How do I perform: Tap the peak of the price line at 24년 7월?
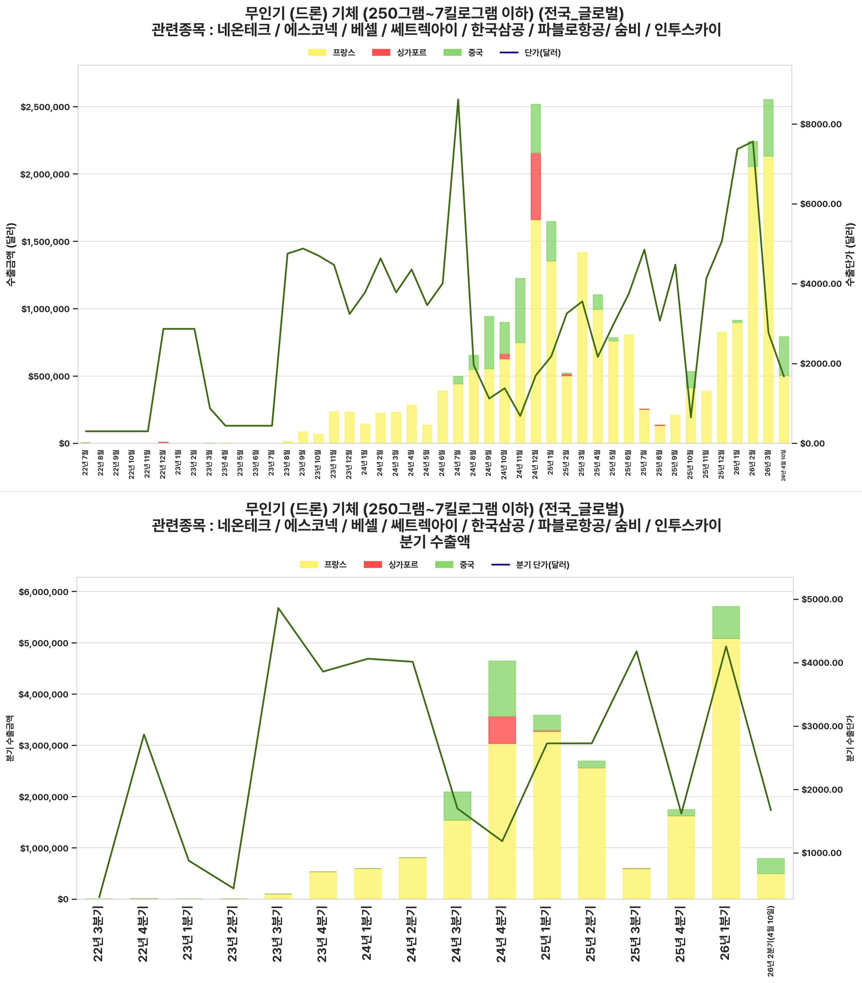coord(458,100)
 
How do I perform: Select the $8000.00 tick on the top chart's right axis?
coord(820,124)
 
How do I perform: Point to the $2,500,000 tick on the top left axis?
coord(45,107)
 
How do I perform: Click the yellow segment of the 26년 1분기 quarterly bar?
coord(726,769)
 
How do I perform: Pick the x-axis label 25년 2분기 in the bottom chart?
coord(591,933)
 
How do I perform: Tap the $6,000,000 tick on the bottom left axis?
coord(43,592)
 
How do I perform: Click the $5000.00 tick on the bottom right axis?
coord(822,599)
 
